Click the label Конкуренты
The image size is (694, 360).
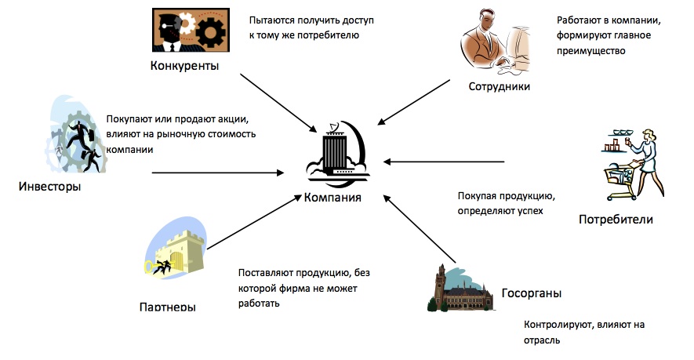tap(184, 65)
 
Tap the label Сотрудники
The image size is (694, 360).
tap(500, 86)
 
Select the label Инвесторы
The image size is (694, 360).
tap(51, 187)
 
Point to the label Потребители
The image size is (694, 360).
tap(616, 219)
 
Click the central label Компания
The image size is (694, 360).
tap(332, 197)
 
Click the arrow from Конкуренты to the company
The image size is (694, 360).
tap(274, 99)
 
